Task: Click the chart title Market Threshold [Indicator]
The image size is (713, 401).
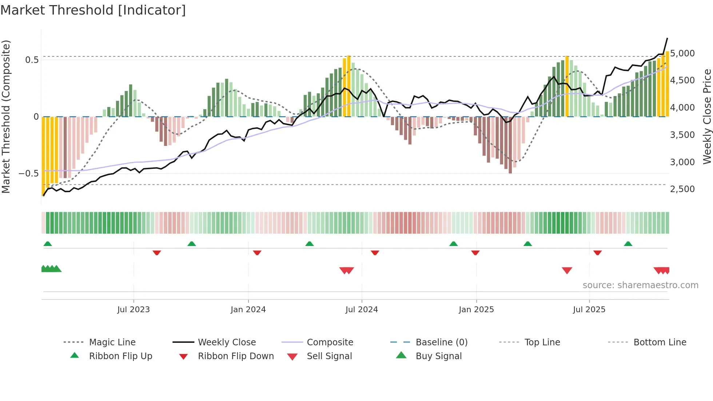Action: [x=93, y=10]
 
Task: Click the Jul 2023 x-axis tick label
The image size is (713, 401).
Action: [x=134, y=310]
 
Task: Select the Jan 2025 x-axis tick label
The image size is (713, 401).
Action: [x=476, y=310]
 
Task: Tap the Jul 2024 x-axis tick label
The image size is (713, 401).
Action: [x=362, y=310]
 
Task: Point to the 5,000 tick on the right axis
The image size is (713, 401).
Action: [x=682, y=53]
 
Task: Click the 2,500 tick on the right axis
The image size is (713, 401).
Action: [x=682, y=189]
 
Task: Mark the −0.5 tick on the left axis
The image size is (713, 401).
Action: [x=29, y=174]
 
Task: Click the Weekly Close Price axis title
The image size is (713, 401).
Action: [x=707, y=116]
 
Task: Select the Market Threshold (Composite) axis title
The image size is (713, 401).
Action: [x=6, y=116]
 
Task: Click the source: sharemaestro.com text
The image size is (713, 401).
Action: [x=640, y=285]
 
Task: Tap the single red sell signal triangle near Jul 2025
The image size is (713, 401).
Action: [x=567, y=270]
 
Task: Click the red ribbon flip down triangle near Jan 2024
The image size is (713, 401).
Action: [x=257, y=253]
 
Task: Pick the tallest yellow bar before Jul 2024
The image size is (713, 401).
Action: [x=348, y=86]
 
